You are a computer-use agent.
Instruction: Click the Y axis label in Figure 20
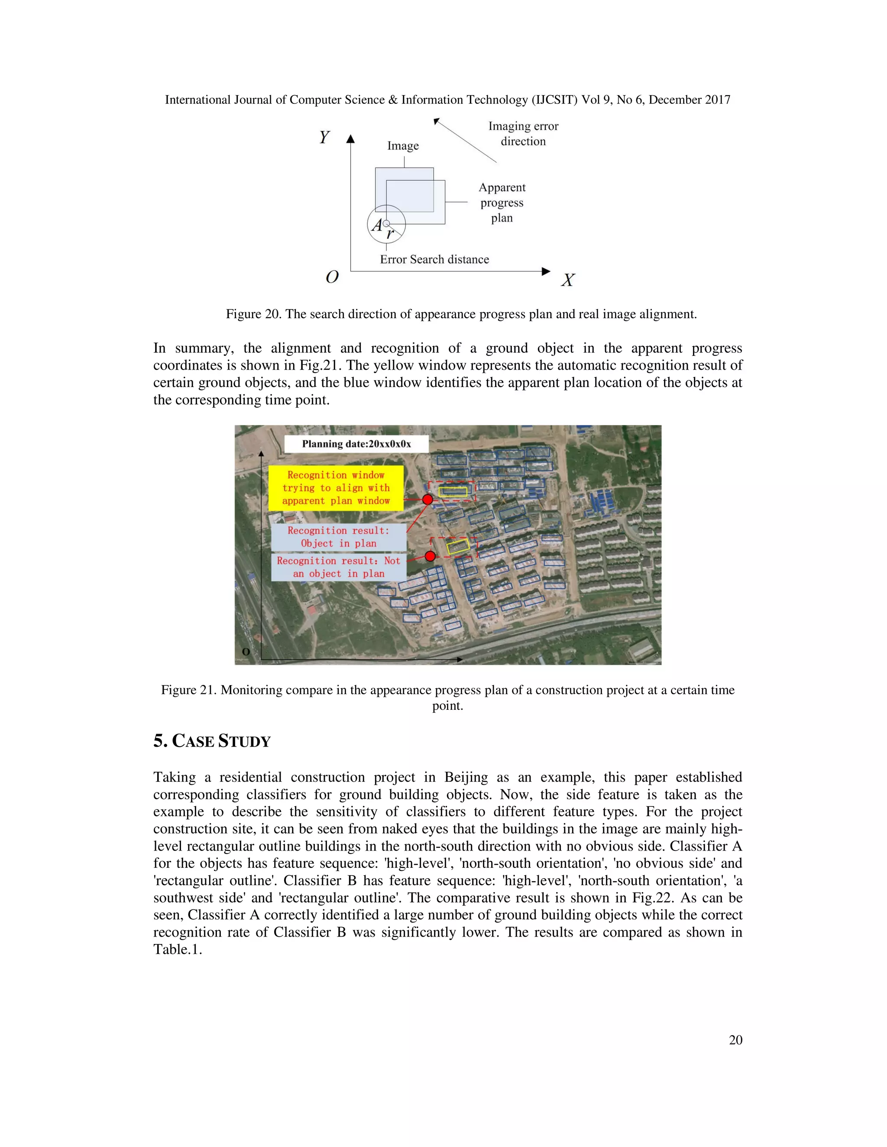click(x=324, y=137)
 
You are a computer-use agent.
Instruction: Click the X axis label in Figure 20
click(x=567, y=280)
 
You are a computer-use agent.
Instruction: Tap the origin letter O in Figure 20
click(x=332, y=277)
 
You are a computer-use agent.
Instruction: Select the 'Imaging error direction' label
click(x=523, y=133)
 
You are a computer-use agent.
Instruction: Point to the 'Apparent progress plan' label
click(x=502, y=202)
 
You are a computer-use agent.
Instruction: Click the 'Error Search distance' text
click(x=434, y=259)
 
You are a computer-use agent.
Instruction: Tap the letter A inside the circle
click(x=377, y=226)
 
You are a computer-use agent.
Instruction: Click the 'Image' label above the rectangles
click(x=403, y=145)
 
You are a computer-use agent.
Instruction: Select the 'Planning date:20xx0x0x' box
click(x=356, y=444)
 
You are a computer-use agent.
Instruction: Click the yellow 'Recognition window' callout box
click(x=336, y=487)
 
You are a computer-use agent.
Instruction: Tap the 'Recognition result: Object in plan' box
click(x=338, y=537)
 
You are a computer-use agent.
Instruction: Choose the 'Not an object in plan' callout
click(x=338, y=567)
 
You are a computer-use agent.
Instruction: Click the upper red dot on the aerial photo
click(x=428, y=499)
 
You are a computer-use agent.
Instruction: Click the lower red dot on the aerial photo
click(x=430, y=556)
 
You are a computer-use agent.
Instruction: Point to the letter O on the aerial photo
click(x=246, y=652)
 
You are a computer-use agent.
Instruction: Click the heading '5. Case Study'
click(x=212, y=741)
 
